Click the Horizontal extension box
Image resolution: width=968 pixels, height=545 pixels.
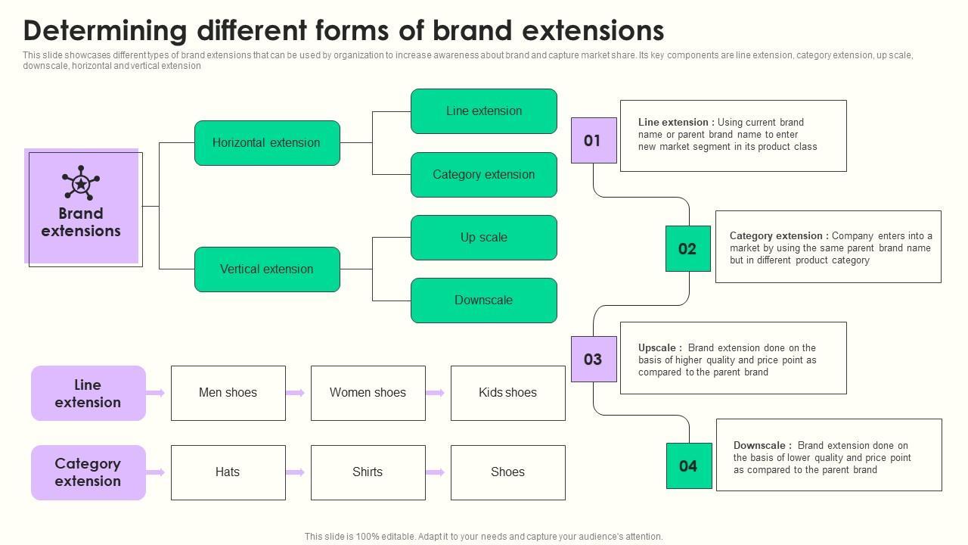[x=267, y=143]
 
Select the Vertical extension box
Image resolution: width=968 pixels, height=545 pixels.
[x=267, y=269]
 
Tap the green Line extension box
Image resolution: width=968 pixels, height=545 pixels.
[x=484, y=111]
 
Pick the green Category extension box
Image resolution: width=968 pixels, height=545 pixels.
[x=484, y=175]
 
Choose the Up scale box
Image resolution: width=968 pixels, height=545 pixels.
[x=484, y=238]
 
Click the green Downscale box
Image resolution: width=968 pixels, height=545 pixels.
[x=484, y=301]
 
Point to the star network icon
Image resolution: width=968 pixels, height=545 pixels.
[x=81, y=183]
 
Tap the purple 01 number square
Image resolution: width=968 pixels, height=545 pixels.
[x=594, y=141]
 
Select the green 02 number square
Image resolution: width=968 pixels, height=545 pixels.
[x=688, y=248]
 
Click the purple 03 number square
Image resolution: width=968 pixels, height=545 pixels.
[x=594, y=360]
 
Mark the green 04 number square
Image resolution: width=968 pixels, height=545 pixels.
[x=689, y=466]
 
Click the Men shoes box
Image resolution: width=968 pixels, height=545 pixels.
[x=228, y=393]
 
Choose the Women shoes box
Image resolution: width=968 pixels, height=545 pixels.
[x=368, y=393]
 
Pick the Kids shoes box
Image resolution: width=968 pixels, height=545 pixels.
[x=508, y=393]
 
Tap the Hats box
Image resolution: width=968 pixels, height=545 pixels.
[x=228, y=472]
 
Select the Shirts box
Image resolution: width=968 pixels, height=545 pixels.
[x=368, y=472]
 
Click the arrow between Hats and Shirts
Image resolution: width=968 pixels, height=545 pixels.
[x=296, y=472]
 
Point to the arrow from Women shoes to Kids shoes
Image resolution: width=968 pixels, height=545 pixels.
[x=436, y=393]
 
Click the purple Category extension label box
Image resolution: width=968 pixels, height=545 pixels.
[x=88, y=472]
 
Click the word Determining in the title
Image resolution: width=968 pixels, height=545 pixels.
[x=105, y=31]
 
